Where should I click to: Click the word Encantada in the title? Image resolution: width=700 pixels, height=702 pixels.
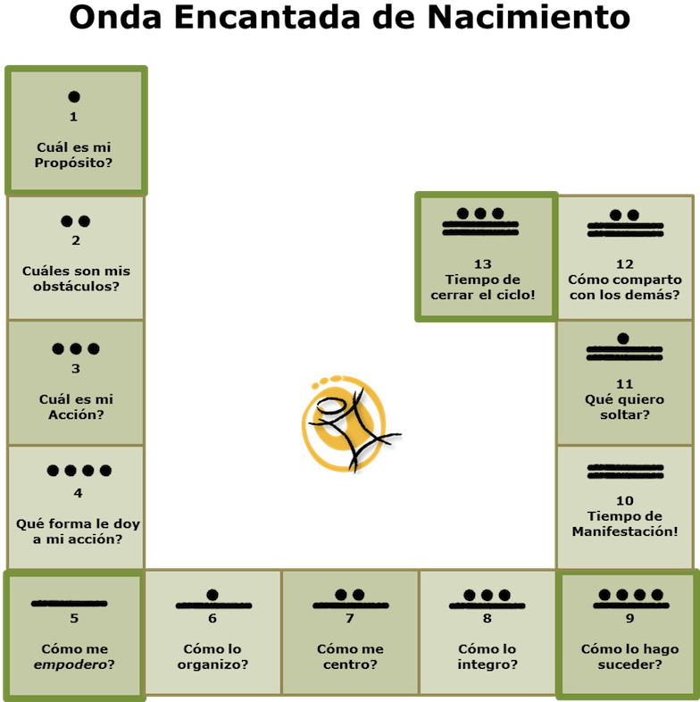pos(267,17)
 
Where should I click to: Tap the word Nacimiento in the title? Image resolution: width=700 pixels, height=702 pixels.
pos(529,17)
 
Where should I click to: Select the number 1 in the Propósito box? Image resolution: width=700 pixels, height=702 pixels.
pos(73,117)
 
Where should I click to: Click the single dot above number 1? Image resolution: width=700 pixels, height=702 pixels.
pos(74,96)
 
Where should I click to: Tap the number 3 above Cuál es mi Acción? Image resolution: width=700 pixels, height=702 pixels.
pos(76,369)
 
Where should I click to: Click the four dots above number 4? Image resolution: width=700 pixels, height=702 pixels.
pos(79,471)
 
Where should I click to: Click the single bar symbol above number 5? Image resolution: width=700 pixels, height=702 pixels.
pos(70,604)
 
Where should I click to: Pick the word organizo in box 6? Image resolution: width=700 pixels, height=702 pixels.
pos(210,664)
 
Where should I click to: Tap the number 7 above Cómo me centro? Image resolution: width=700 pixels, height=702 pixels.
pos(350,618)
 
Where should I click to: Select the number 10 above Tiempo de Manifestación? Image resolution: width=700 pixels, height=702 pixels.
pos(625,500)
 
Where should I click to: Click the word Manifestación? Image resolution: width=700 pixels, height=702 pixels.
pos(625,531)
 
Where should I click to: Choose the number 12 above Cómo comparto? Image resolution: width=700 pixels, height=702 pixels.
pos(625,264)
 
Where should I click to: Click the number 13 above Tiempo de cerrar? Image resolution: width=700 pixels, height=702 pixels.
pos(483,264)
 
